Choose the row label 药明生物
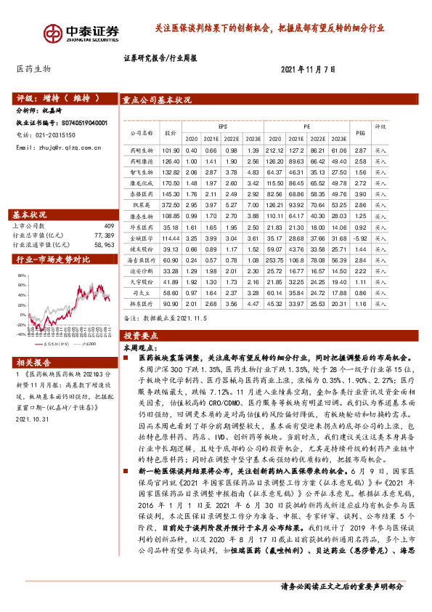pos(141,150)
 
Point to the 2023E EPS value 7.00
pos(253,206)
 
